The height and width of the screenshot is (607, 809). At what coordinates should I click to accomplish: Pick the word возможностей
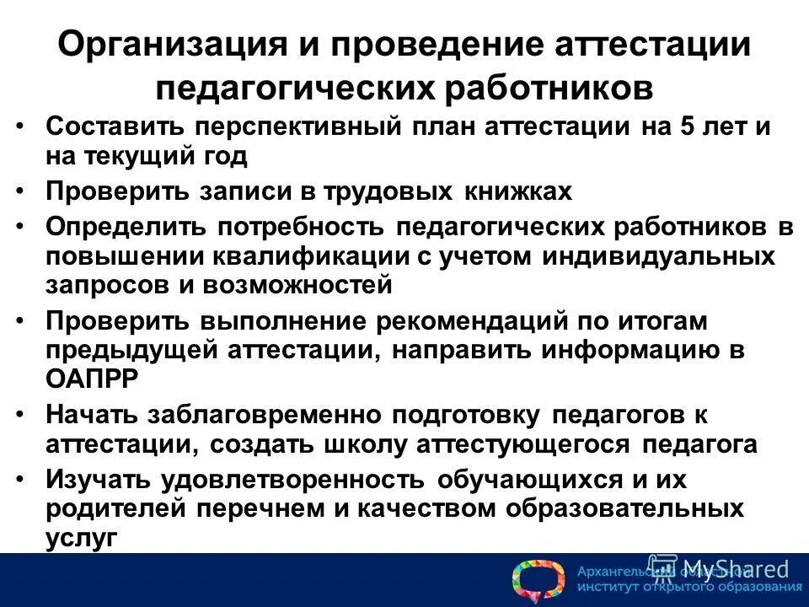pyautogui.click(x=298, y=284)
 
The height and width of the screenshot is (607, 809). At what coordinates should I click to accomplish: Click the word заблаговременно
pyautogui.click(x=268, y=416)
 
